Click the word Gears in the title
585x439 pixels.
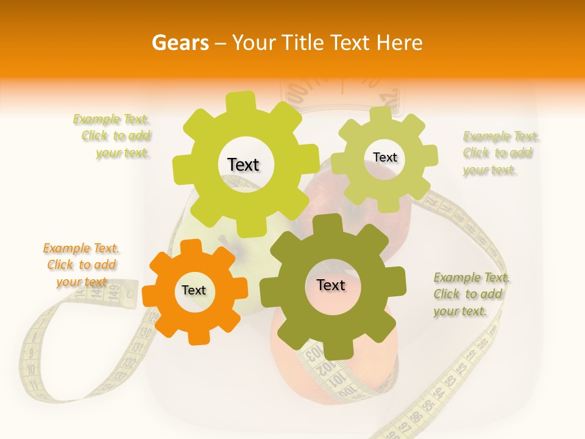pos(180,43)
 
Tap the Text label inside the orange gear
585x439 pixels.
pos(194,290)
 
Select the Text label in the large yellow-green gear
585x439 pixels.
pos(243,165)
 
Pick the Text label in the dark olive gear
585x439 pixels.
pos(331,285)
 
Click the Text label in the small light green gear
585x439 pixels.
pos(385,157)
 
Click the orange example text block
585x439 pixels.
pos(81,265)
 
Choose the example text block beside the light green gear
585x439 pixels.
pos(500,153)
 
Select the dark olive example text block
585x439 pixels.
pos(471,294)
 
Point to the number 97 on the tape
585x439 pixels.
pos(403,425)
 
